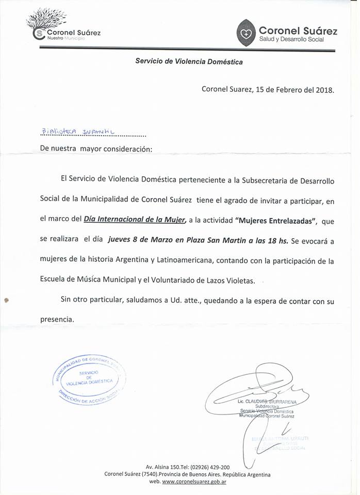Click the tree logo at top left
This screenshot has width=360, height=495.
46,21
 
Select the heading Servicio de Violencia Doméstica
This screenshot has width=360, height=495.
189,61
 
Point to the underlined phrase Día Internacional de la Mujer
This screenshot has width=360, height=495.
135,220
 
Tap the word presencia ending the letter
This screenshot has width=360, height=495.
57,319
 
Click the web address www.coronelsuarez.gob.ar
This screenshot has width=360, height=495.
194,482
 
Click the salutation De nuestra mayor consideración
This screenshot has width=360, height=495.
96,149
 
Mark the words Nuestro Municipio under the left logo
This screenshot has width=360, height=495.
66,39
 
